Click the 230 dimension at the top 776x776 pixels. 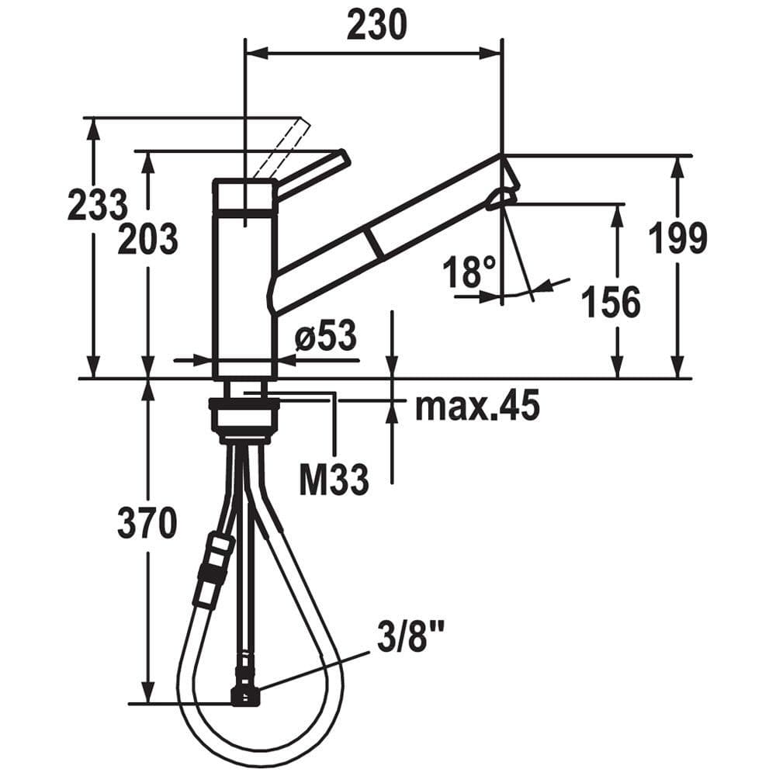(376, 25)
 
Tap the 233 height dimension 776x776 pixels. (98, 205)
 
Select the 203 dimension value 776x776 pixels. (148, 239)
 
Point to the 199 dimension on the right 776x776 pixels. (677, 238)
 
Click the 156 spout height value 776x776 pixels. (611, 301)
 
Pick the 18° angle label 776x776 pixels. (469, 272)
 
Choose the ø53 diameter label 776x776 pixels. (326, 335)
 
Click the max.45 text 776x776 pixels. (477, 405)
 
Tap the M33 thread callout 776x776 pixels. (334, 479)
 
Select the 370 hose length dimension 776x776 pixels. (147, 523)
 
